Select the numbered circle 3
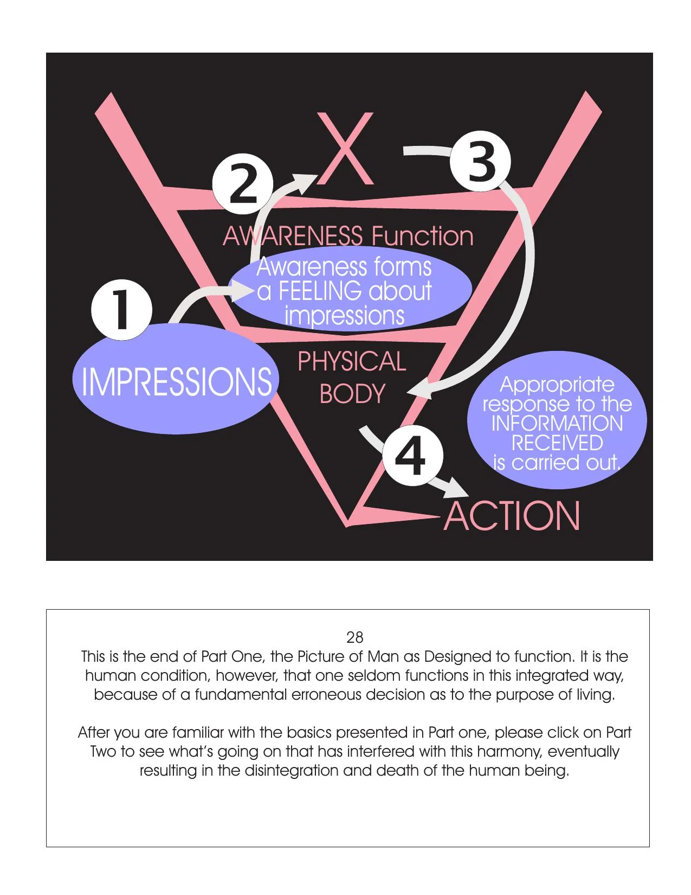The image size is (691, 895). (x=481, y=163)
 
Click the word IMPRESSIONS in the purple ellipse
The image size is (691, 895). (x=176, y=381)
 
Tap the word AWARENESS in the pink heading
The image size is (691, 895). (x=293, y=236)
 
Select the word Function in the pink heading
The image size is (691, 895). (x=422, y=236)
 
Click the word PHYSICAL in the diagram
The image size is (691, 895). (x=352, y=362)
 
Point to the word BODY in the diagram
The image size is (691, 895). (x=352, y=394)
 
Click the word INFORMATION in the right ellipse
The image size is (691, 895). (x=557, y=424)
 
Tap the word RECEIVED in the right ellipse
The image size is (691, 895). (x=557, y=443)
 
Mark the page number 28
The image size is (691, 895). (x=354, y=637)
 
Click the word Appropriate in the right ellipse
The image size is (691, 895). (x=557, y=385)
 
